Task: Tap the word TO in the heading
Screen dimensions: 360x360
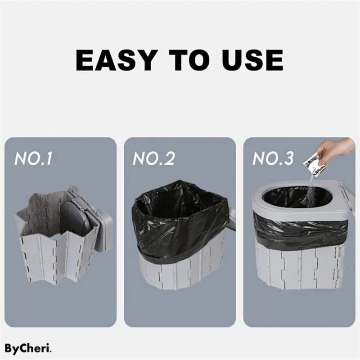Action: coord(186,59)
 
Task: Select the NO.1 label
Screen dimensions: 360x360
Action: coord(34,159)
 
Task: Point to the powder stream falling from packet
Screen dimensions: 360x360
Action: coord(310,189)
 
